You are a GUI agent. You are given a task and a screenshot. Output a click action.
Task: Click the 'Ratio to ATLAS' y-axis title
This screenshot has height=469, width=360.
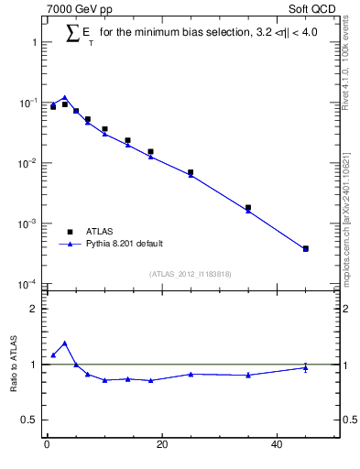14,365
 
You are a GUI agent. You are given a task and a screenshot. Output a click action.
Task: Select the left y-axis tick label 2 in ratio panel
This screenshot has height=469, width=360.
33,309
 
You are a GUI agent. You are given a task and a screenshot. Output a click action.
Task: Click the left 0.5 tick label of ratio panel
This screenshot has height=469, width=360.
28,420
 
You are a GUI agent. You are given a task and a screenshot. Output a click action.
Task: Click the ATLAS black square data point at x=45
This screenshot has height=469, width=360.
306,248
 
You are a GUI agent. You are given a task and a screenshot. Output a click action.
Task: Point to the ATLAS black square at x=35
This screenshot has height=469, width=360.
248,208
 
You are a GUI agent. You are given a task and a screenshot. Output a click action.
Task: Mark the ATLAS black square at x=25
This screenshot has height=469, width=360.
191,172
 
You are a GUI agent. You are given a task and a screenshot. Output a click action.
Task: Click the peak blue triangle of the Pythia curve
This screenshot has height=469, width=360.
64,97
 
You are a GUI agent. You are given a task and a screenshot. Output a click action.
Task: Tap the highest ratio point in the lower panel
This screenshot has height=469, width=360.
64,344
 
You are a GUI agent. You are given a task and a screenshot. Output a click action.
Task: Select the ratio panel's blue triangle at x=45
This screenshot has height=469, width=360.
306,368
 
